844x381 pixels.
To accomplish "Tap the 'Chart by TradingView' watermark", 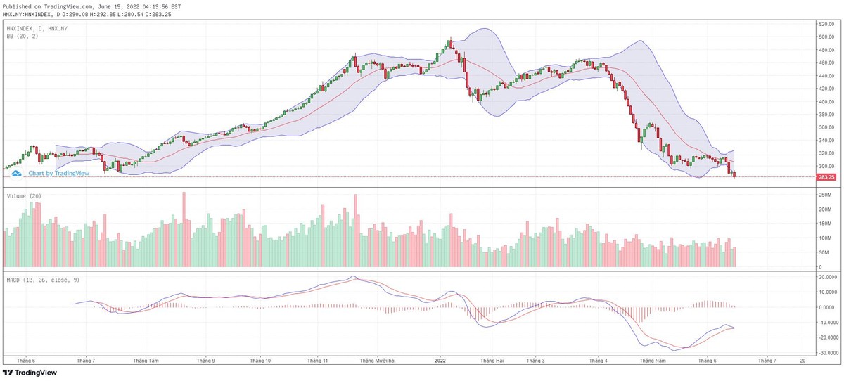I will pos(53,173).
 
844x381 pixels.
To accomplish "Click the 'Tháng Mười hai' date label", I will pos(378,361).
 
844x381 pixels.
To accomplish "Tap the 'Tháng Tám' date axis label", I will pos(146,361).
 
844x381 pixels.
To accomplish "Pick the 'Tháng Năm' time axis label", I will pos(652,361).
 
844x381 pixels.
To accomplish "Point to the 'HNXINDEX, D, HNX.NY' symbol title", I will pos(37,27).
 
